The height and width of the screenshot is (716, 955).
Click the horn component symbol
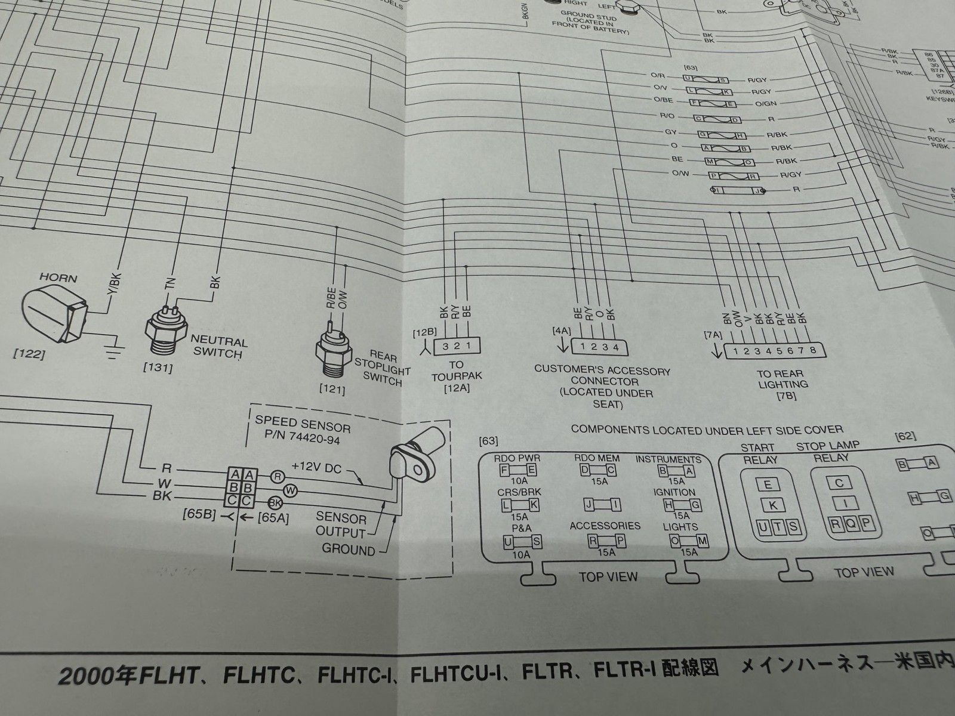pos(54,316)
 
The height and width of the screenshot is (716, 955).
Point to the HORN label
pos(57,278)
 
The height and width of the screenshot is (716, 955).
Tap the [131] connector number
pos(159,369)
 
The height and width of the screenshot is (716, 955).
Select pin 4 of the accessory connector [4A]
pos(615,346)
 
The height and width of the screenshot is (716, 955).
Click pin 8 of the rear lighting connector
pos(812,350)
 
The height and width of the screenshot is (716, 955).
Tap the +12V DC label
pos(316,468)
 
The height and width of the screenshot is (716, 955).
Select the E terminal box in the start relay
pos(768,484)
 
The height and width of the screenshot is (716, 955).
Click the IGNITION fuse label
pos(674,493)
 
